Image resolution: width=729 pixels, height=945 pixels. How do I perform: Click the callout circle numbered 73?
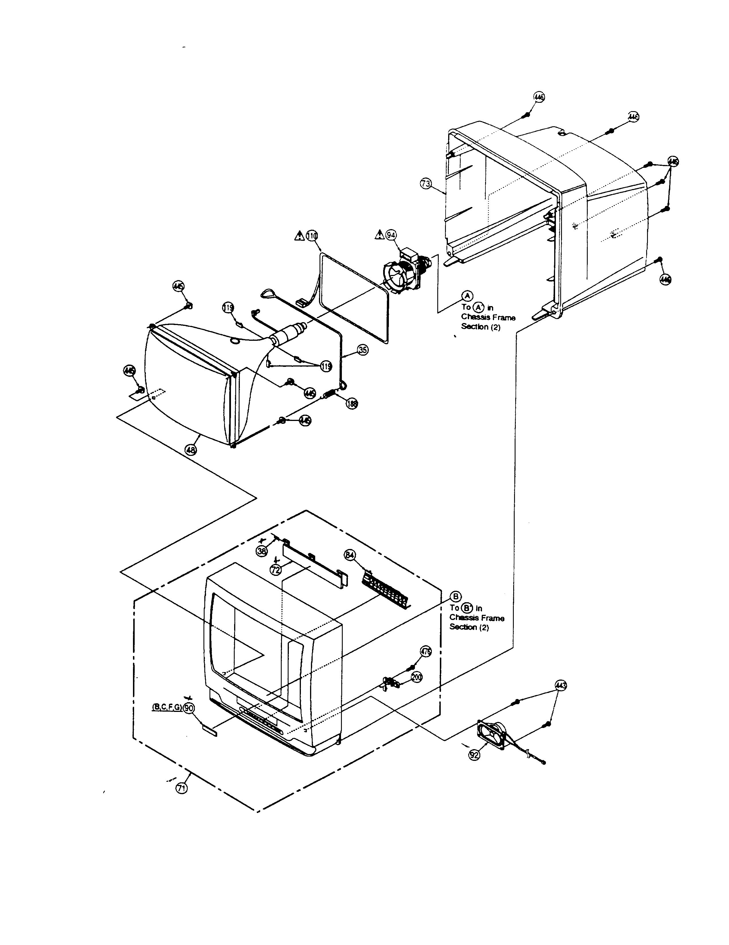pos(426,184)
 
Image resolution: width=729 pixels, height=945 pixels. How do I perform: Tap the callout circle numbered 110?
pos(312,235)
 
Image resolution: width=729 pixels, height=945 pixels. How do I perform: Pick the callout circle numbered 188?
pos(352,404)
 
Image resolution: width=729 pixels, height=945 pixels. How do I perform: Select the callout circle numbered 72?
pos(276,570)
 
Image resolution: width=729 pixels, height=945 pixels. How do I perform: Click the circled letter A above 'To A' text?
pos(467,296)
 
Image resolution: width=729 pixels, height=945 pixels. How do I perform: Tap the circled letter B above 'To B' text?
pos(455,596)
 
